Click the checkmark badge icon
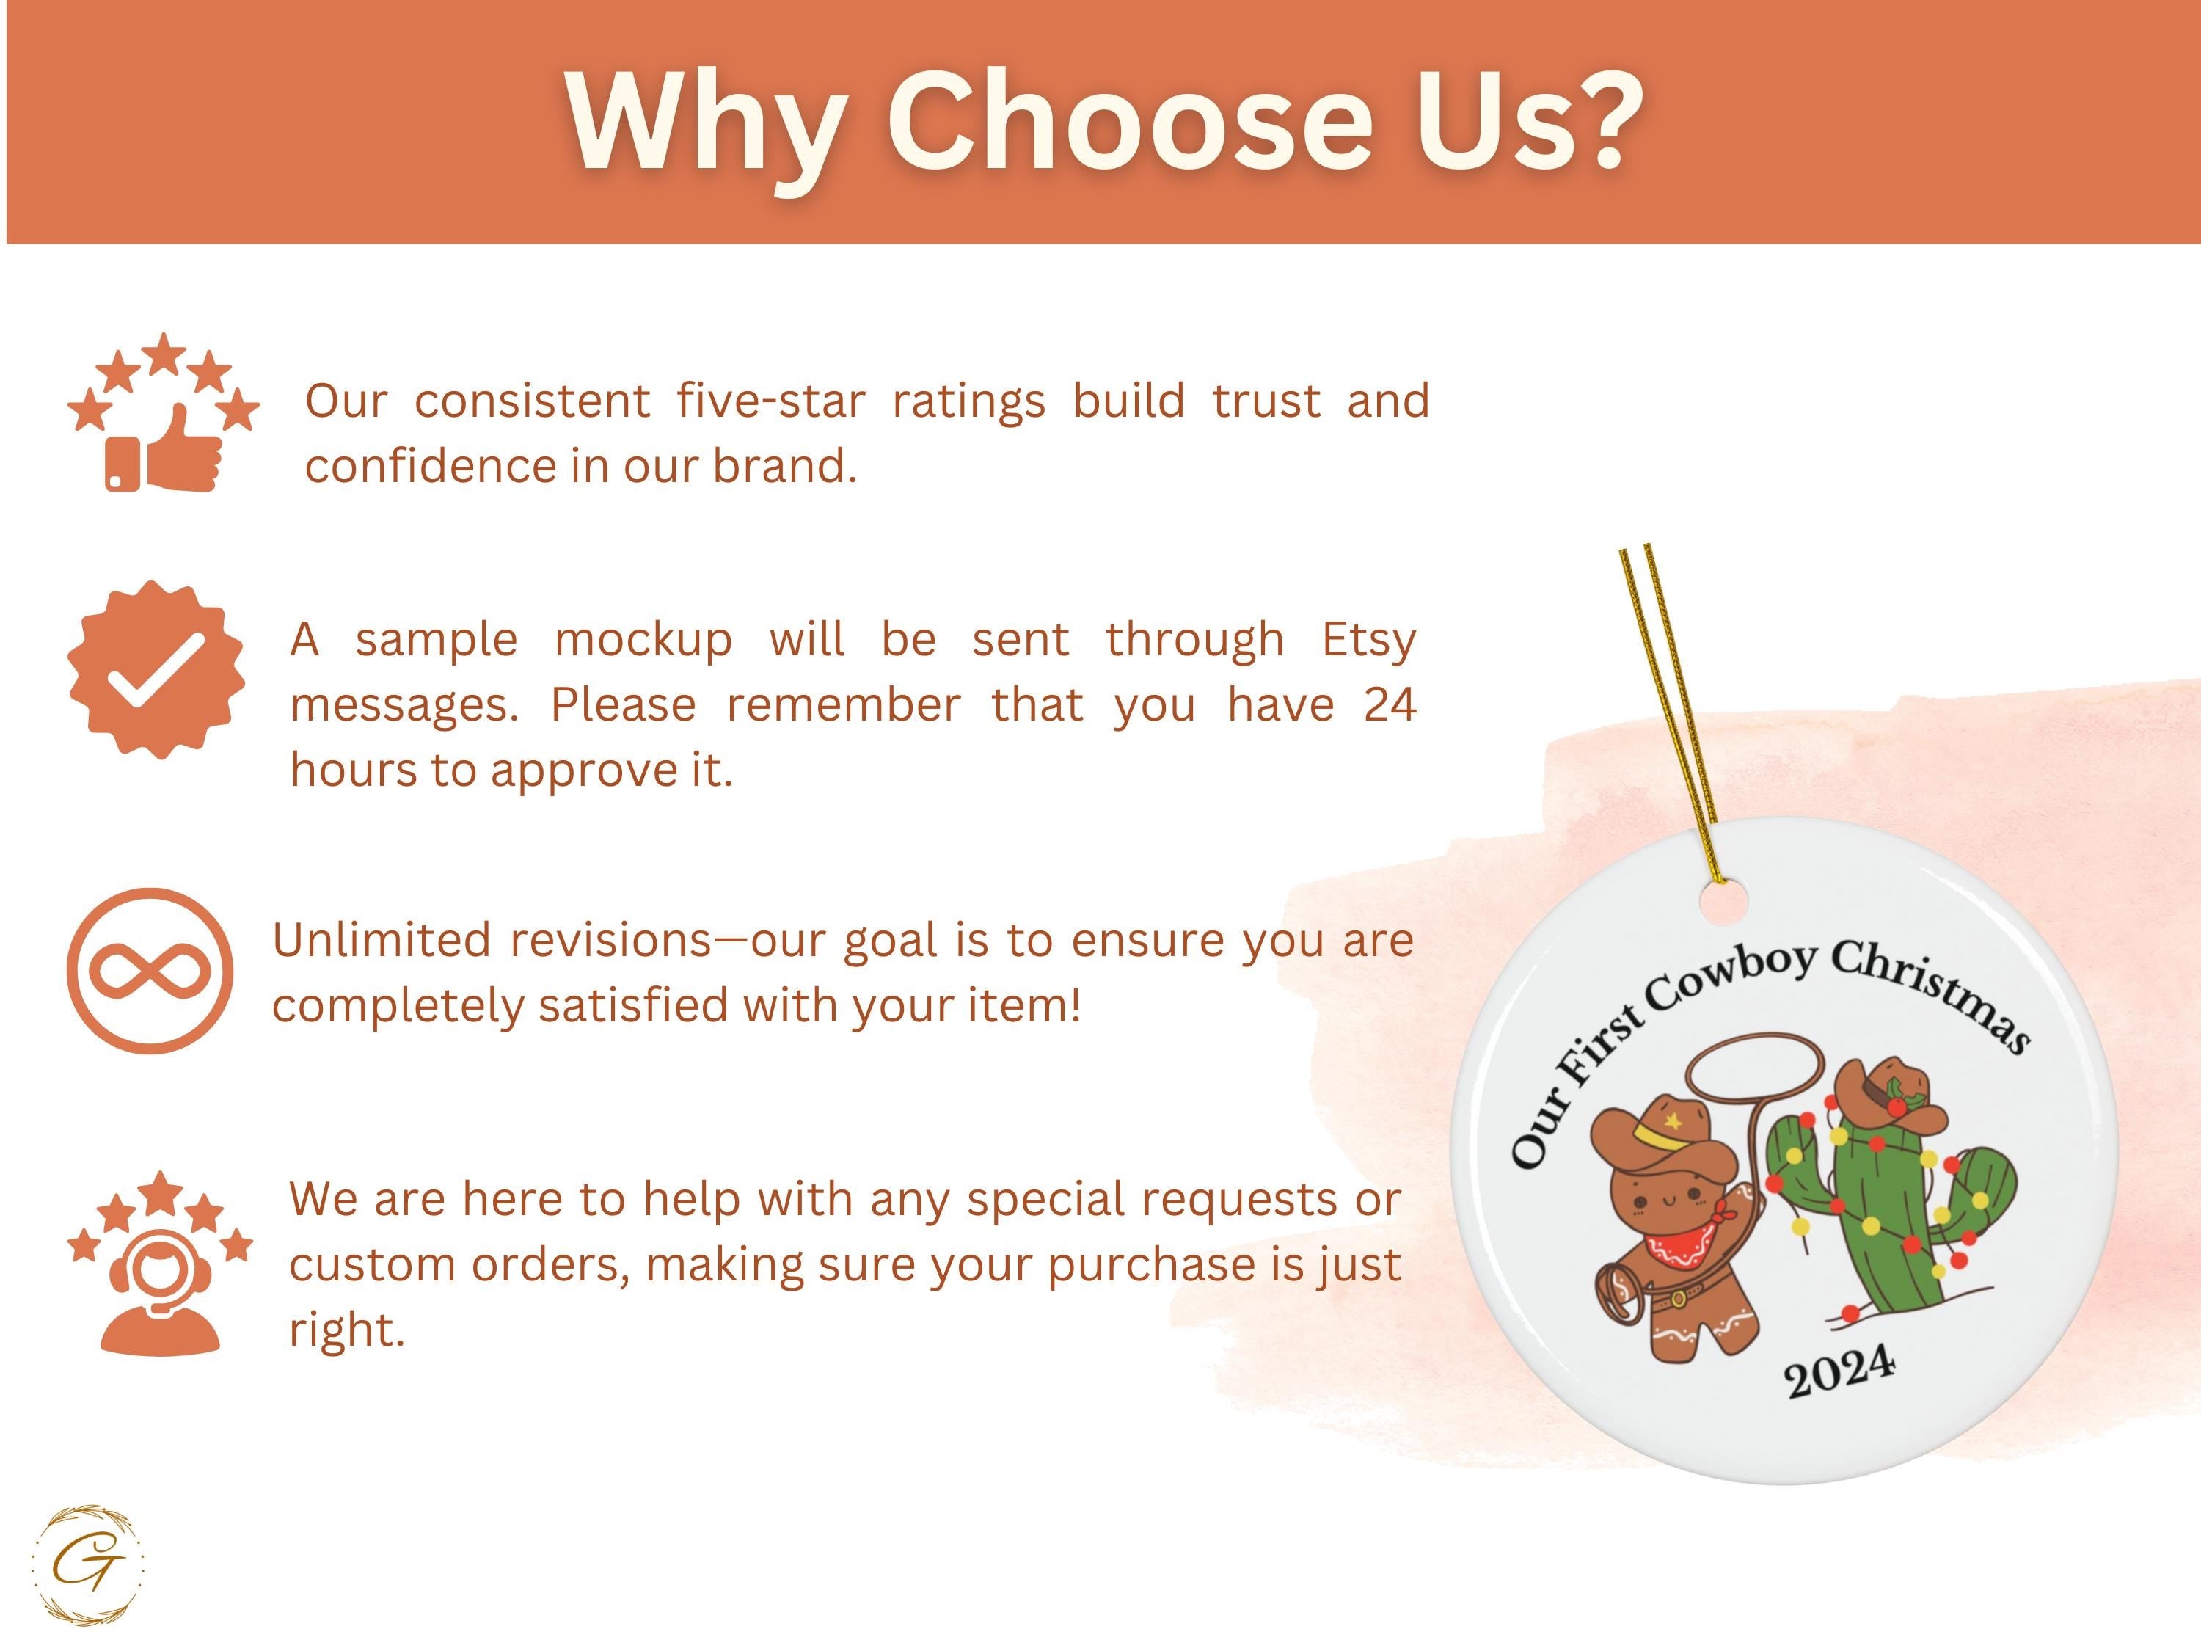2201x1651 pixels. (156, 670)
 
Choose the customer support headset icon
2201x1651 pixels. (160, 1263)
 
